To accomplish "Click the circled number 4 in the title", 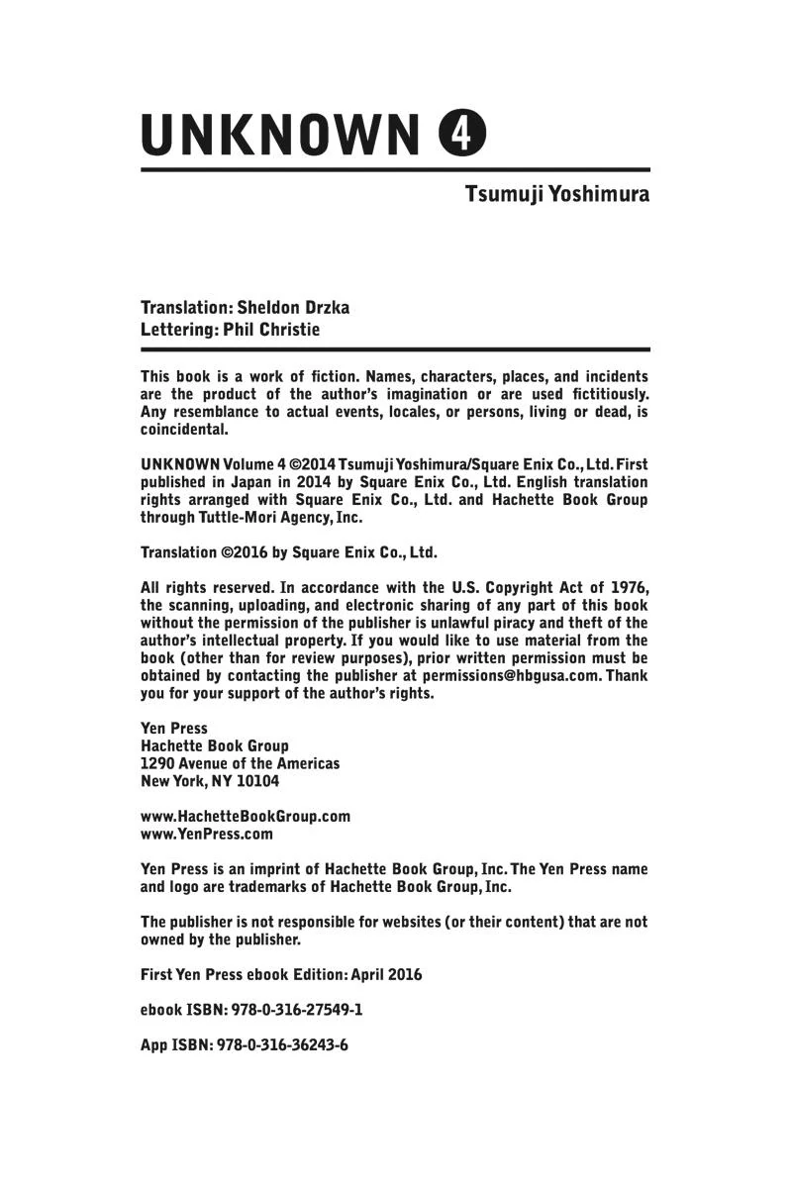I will [x=462, y=135].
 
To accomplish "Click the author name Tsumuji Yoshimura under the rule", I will [x=557, y=193].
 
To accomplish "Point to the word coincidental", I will [x=184, y=430].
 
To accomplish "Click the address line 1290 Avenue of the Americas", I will [x=240, y=763].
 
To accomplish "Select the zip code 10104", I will [x=255, y=781].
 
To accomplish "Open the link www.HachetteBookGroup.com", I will [x=246, y=816].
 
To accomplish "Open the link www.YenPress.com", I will [x=207, y=834].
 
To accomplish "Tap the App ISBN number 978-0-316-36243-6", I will [x=282, y=1045].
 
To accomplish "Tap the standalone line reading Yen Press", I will [x=174, y=728].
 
